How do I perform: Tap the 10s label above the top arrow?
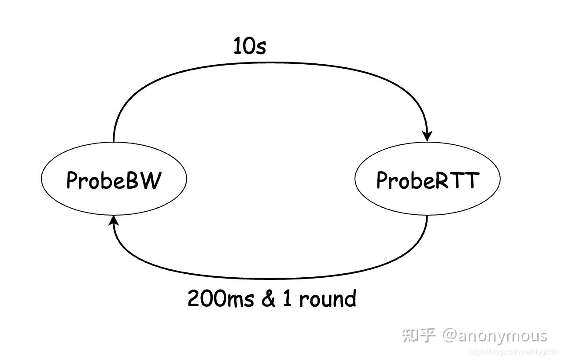pos(250,46)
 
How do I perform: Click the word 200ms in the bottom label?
pos(221,298)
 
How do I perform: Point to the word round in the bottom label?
pos(328,298)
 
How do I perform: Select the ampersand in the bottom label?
pos(268,298)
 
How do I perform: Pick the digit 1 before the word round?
pos(287,298)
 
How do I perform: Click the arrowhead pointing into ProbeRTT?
pos(427,136)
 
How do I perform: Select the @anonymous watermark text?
pos(495,336)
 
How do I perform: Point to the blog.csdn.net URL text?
pos(513,352)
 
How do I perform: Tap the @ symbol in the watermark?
pos(450,336)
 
